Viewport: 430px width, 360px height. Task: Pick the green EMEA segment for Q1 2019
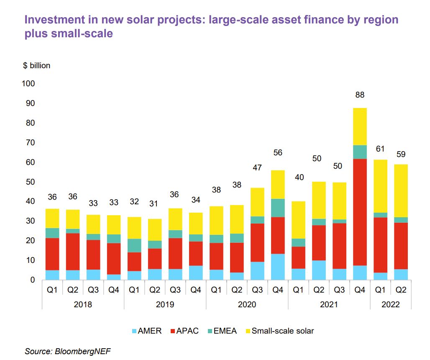[x=134, y=245]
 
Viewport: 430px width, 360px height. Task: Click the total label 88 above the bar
[x=360, y=95]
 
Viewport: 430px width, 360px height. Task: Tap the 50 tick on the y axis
[x=31, y=182]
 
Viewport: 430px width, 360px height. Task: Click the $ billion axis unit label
[x=37, y=66]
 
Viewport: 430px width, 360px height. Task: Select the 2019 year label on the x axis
[x=165, y=305]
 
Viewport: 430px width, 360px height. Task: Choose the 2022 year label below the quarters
[x=390, y=305]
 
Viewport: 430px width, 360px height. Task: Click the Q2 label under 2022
[x=401, y=290]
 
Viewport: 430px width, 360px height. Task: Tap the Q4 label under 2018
[x=114, y=290]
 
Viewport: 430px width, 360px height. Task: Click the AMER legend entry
[x=146, y=331]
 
